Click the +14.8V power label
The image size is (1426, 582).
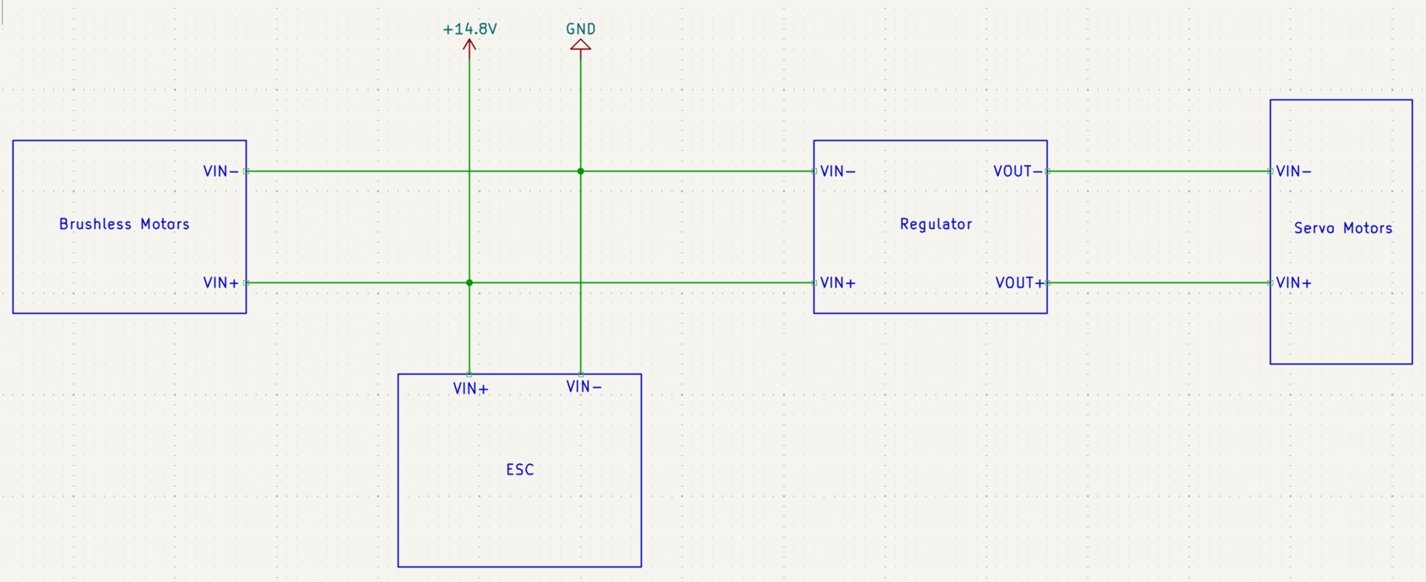click(x=469, y=29)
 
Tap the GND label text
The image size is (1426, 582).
click(x=581, y=29)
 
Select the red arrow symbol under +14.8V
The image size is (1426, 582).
click(x=469, y=45)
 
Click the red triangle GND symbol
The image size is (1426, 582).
click(x=581, y=45)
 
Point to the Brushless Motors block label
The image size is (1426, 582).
click(x=124, y=224)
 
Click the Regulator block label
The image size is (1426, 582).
click(x=936, y=224)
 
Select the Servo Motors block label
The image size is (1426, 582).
click(x=1343, y=228)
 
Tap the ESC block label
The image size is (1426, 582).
click(x=520, y=470)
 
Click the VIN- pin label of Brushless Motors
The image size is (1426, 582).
click(x=221, y=172)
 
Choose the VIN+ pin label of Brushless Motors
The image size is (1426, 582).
click(x=221, y=283)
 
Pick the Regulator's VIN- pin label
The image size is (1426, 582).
click(x=838, y=172)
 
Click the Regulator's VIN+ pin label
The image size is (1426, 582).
click(x=838, y=283)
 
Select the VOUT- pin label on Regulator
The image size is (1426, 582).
click(x=1018, y=172)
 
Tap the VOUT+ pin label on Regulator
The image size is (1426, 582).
click(x=1020, y=283)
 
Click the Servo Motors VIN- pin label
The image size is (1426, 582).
click(x=1294, y=172)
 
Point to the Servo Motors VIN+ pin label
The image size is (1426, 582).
click(x=1294, y=283)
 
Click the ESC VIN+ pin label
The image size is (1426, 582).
click(x=471, y=389)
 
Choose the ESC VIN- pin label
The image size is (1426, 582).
click(x=584, y=387)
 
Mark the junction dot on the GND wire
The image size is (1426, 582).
click(x=581, y=171)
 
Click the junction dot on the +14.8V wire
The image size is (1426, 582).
click(x=469, y=282)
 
